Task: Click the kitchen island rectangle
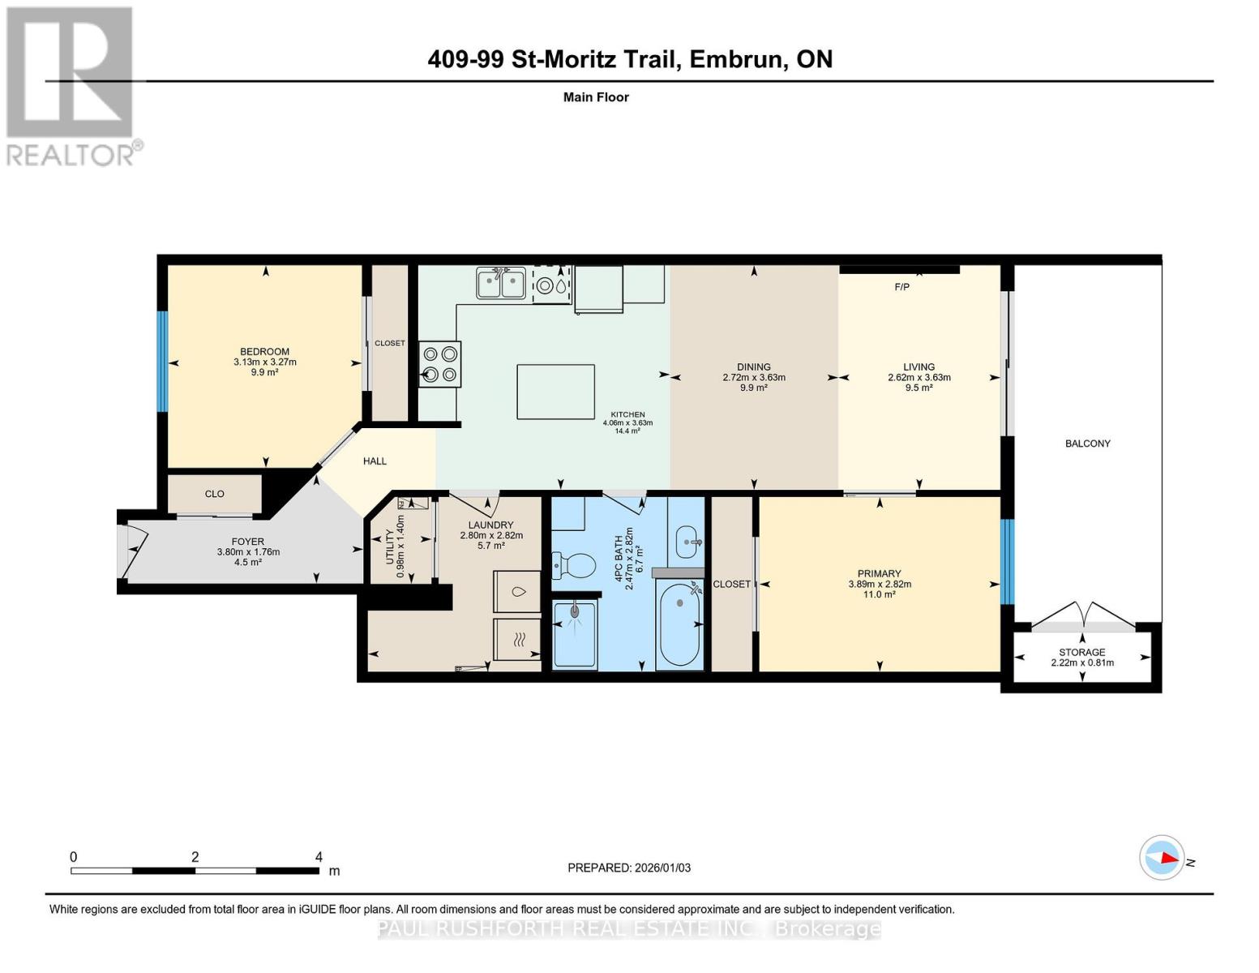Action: click(555, 392)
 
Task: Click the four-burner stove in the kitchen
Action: click(439, 364)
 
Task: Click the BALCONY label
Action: click(1087, 444)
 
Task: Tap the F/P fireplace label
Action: click(901, 287)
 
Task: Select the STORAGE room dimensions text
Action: click(1081, 662)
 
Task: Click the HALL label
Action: click(375, 461)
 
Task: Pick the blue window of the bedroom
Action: click(162, 361)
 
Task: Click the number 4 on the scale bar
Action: click(319, 857)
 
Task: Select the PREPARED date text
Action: click(629, 868)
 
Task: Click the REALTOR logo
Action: click(71, 85)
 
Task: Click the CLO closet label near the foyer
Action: click(214, 494)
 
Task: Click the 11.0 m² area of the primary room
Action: click(880, 594)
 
